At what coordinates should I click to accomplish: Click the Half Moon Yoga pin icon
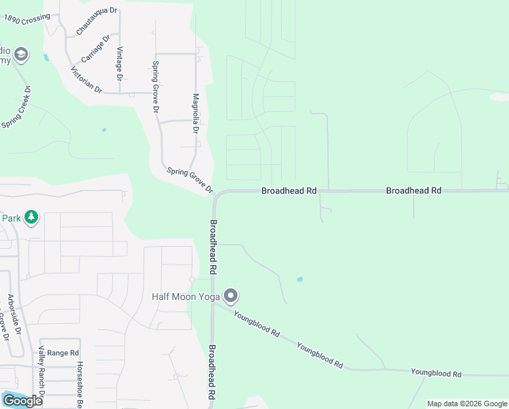231,296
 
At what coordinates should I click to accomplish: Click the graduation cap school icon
21,54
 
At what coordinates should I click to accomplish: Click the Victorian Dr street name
86,80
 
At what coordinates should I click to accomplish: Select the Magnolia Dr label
195,113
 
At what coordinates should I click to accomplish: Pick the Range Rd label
63,352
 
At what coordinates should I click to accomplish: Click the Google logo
22,400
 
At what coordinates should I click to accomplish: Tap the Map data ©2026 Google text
466,404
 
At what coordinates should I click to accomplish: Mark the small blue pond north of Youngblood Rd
299,279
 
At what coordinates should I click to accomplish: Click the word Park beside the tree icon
10,218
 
